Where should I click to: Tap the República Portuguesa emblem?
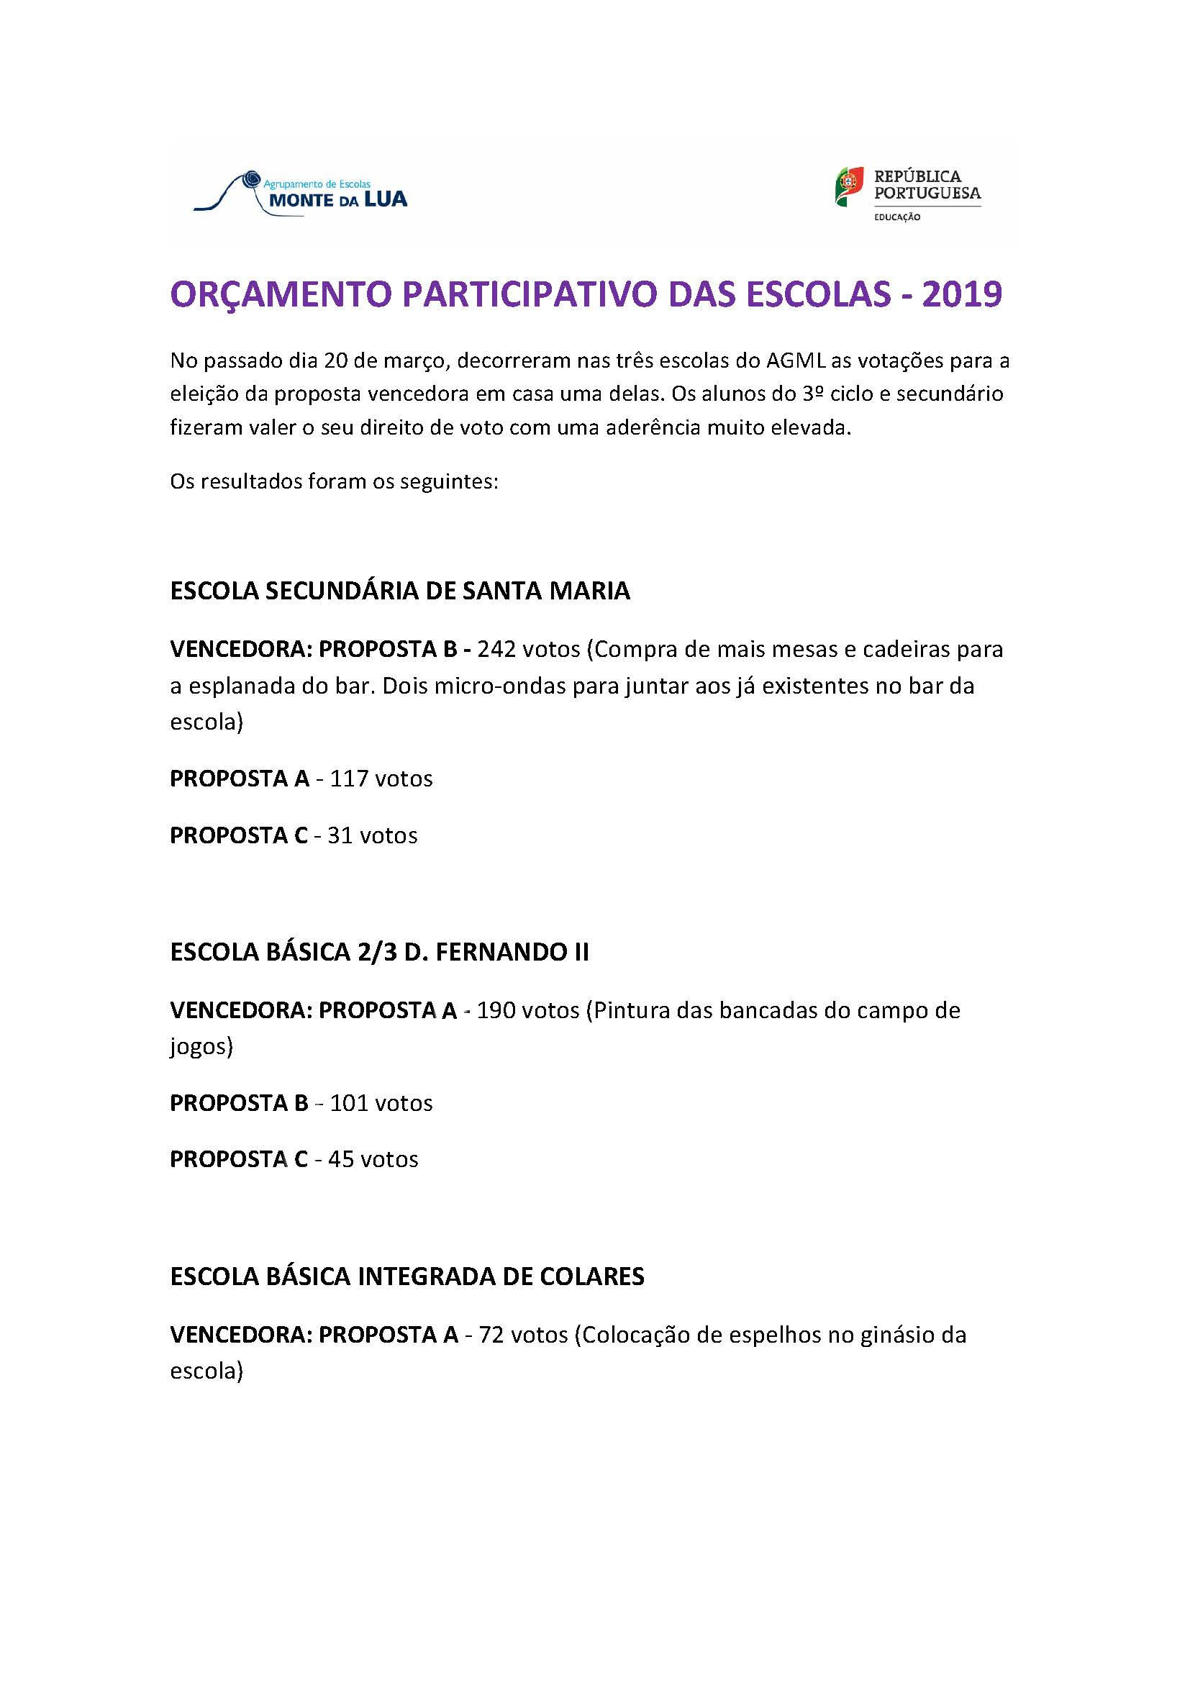click(x=848, y=186)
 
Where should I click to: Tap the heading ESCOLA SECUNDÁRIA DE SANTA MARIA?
click(x=399, y=591)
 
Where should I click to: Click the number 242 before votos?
click(x=498, y=650)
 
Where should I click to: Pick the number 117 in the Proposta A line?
click(x=348, y=779)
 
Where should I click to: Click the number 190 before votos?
click(x=498, y=1010)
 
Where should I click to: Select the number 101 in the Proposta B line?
click(x=348, y=1103)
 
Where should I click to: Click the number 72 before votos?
click(x=491, y=1335)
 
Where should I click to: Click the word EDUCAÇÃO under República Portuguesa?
click(x=897, y=218)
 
